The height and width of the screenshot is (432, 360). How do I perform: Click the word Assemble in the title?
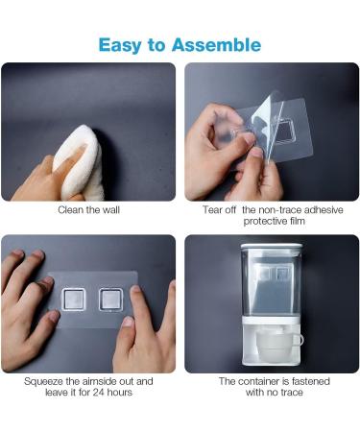(x=217, y=45)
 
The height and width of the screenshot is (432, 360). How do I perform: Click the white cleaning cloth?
(x=80, y=163)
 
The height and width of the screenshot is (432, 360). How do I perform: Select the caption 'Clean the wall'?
(x=88, y=210)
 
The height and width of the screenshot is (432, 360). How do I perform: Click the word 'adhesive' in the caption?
(x=324, y=210)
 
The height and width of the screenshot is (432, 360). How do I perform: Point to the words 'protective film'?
(x=274, y=221)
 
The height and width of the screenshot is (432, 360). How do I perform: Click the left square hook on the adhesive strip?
(x=73, y=300)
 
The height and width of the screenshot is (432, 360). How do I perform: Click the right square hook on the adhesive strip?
(x=110, y=300)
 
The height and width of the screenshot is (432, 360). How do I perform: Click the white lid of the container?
(x=272, y=246)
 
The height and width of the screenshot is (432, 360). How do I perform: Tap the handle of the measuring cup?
(x=299, y=340)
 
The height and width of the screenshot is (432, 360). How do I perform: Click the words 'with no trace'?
(x=274, y=393)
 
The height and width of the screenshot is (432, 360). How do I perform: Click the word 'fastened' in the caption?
(x=310, y=381)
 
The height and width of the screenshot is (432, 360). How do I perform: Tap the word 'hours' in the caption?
(x=119, y=393)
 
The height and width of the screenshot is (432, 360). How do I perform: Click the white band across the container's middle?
(x=272, y=320)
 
